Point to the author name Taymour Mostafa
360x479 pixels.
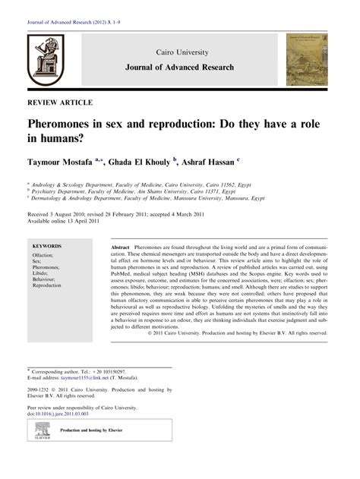tap(67, 161)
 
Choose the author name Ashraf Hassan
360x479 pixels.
tap(210, 161)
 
